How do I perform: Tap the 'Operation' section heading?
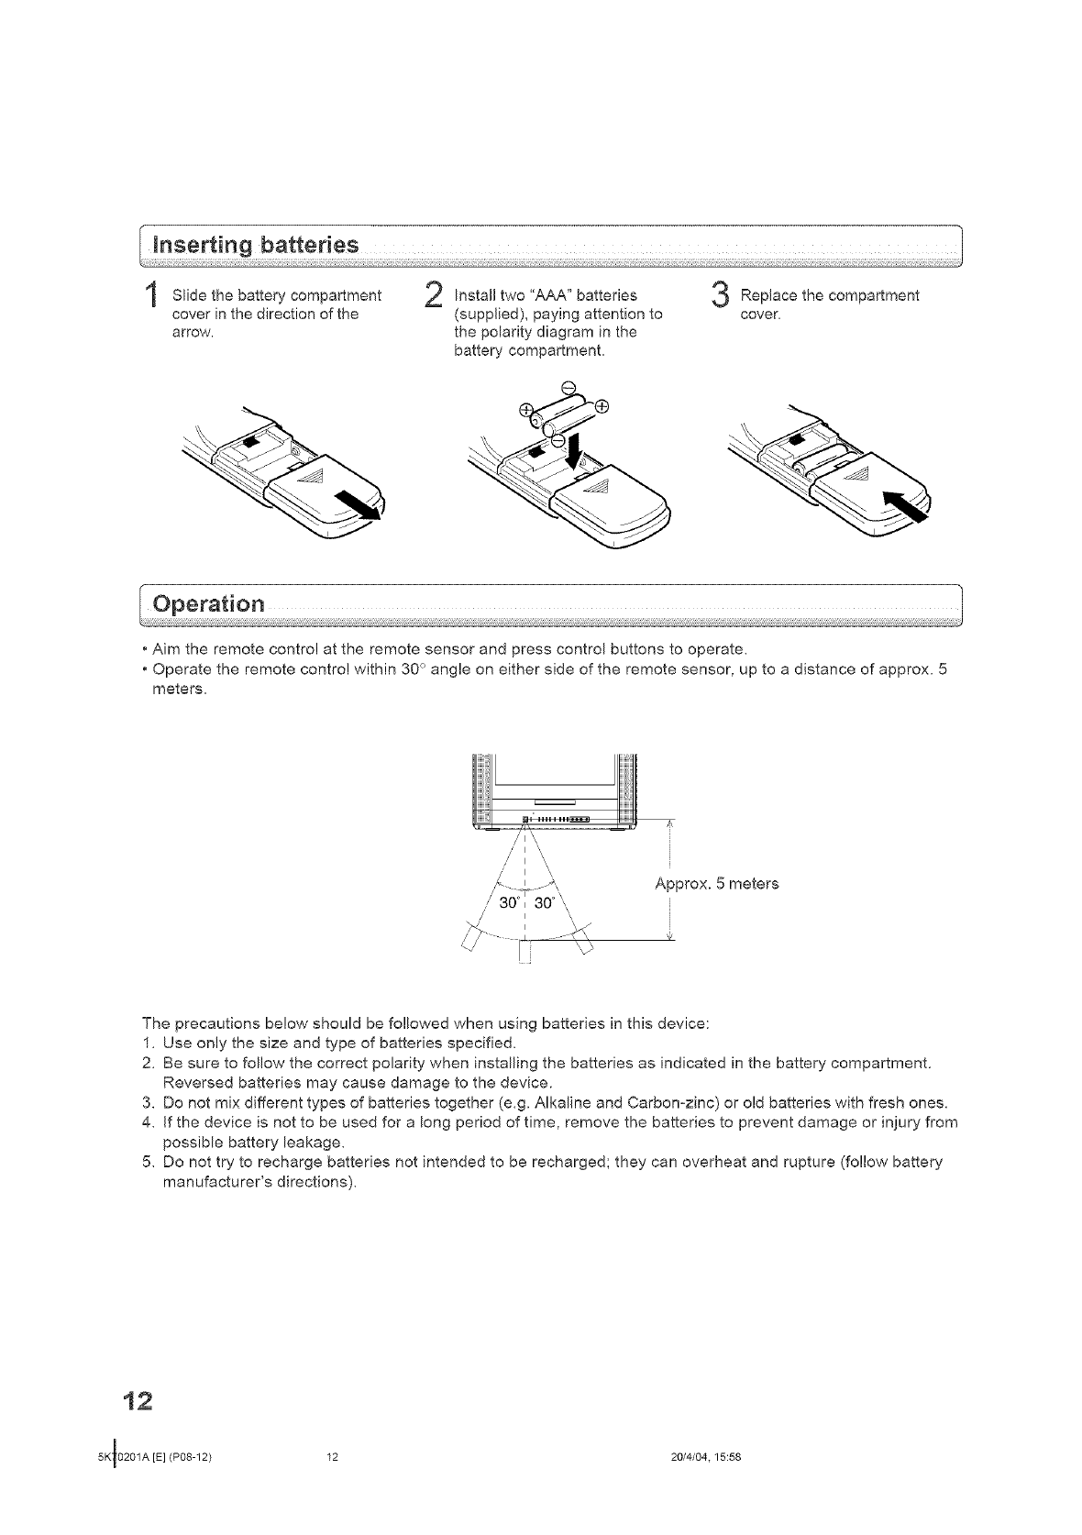pyautogui.click(x=210, y=605)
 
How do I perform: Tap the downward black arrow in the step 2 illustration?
pyautogui.click(x=575, y=449)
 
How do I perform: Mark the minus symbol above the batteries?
pyautogui.click(x=568, y=385)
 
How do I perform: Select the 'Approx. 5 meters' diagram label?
pyautogui.click(x=717, y=884)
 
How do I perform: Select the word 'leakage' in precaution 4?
pyautogui.click(x=315, y=1143)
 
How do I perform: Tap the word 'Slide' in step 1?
pyautogui.click(x=188, y=296)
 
